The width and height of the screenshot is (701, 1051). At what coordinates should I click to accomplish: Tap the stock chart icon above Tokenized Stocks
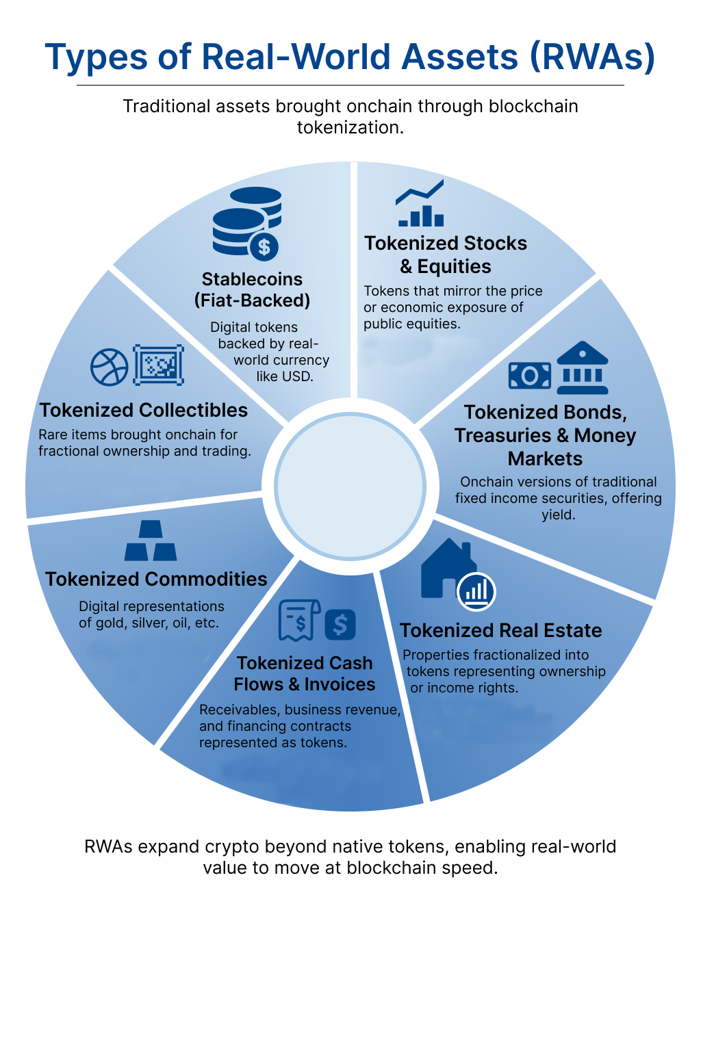click(420, 204)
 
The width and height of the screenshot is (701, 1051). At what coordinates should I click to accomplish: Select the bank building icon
click(582, 368)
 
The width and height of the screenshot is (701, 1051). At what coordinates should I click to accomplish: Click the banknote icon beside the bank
click(530, 375)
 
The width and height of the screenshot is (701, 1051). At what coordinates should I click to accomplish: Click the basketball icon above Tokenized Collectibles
click(110, 367)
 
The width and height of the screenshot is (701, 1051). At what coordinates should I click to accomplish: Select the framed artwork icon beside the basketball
click(159, 365)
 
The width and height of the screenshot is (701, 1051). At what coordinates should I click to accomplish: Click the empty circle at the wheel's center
click(350, 486)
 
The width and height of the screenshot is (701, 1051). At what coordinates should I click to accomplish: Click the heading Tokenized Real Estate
click(500, 630)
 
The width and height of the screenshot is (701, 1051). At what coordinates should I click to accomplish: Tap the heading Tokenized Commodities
click(156, 579)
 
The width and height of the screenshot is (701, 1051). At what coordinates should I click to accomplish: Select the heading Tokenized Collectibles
click(144, 410)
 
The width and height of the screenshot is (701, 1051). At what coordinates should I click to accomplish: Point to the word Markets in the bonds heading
click(545, 458)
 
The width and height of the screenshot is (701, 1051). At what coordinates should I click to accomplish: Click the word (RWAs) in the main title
click(593, 57)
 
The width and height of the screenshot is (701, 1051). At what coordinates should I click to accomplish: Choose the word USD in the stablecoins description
click(297, 376)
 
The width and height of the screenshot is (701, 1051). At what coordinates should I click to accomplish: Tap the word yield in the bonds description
click(558, 515)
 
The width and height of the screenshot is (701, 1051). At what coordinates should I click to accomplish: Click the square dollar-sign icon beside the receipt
click(340, 624)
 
